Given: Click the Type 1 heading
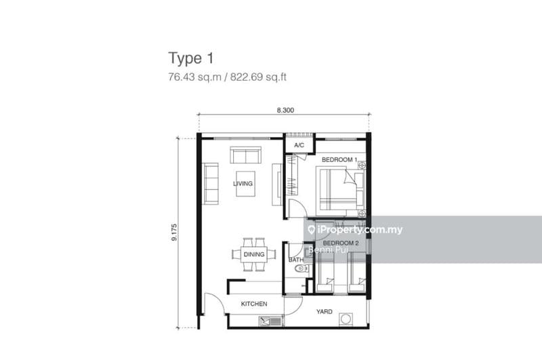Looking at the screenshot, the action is (191, 58).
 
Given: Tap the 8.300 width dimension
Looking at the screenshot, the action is (285, 111).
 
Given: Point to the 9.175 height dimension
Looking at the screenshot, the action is (174, 233).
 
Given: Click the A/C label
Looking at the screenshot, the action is (299, 145).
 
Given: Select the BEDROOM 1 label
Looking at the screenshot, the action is (339, 160).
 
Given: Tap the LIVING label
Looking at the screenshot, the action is (243, 184).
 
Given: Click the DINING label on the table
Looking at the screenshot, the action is (254, 254).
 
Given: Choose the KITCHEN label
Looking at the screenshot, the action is (254, 304).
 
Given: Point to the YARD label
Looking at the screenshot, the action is (325, 312).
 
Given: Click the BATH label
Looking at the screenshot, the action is (296, 260).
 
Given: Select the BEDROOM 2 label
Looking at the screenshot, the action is (341, 243).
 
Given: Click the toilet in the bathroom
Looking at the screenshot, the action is (301, 268).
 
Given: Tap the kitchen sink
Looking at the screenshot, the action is (270, 321).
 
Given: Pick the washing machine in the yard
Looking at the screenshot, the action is (345, 319).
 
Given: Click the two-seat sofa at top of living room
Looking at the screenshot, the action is (245, 155).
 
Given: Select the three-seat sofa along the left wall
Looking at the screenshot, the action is (211, 184).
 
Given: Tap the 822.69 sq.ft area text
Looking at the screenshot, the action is (258, 77).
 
